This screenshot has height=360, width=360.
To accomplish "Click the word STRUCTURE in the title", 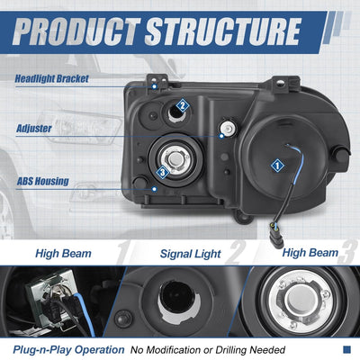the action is (223, 31).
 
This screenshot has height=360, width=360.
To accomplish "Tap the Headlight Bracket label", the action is (51, 78).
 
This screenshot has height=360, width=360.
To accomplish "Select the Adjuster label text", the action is (34, 129).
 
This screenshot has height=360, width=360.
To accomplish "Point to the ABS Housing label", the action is (42, 181).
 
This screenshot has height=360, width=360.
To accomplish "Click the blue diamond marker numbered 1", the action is (277, 166).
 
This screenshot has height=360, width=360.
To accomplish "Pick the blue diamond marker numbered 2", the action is (182, 105).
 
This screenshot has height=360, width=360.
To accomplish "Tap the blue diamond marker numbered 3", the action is (163, 172).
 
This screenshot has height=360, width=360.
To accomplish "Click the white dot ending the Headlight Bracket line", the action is (154, 86).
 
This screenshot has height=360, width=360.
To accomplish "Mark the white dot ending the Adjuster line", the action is (221, 136).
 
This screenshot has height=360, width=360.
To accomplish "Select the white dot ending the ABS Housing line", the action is (154, 189).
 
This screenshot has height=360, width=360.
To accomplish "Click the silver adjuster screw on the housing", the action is (229, 128).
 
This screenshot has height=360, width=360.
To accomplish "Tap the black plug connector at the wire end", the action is (276, 239).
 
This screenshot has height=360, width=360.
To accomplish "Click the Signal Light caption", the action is (191, 254).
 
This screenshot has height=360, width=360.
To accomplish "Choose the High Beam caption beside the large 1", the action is (63, 253).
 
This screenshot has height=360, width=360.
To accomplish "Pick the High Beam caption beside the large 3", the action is (310, 253).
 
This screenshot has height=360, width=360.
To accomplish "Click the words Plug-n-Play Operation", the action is (68, 350).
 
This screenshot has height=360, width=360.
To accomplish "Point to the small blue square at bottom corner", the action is (346, 349).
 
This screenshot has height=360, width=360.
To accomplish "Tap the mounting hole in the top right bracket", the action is (280, 83).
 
